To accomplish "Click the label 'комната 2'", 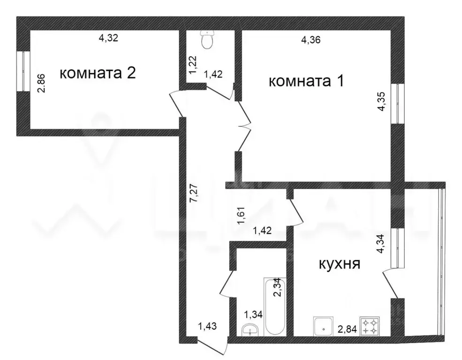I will (98, 74).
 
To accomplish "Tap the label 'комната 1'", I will (306, 81).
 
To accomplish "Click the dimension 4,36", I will (311, 40).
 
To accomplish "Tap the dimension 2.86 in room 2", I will (42, 83).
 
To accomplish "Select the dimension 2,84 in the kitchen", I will (347, 329).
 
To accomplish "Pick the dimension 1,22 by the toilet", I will (193, 64).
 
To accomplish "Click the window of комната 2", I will (21, 70).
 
